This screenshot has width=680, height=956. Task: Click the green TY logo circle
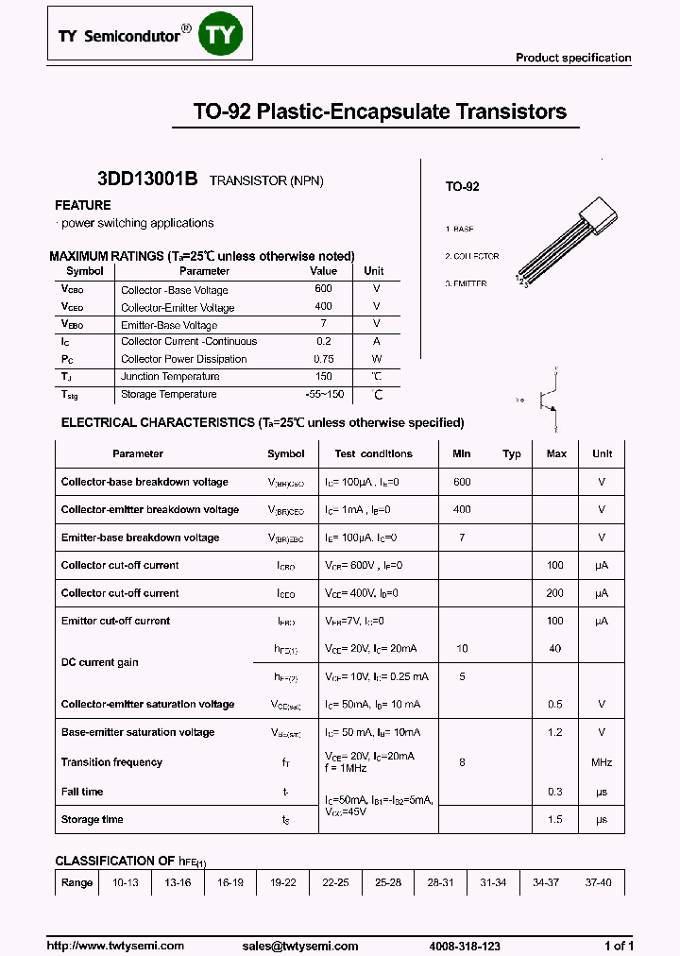tap(223, 35)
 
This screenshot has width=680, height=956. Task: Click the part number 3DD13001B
tap(147, 179)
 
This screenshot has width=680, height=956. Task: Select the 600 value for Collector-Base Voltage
tap(323, 289)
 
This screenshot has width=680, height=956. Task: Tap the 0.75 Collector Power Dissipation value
tap(323, 359)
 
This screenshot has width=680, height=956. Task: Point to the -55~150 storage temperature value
tap(323, 394)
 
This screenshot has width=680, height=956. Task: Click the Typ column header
tap(512, 453)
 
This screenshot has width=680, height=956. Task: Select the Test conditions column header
tap(373, 453)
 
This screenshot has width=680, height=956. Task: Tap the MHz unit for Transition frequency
tap(602, 762)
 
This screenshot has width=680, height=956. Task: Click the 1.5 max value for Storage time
tap(556, 819)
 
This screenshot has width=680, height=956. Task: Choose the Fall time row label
tap(82, 792)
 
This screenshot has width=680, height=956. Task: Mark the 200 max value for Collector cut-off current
tap(556, 593)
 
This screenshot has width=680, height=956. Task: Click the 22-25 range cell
tap(335, 882)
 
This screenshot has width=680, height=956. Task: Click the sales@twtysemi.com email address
tap(299, 946)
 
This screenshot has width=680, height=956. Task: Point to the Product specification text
tap(572, 58)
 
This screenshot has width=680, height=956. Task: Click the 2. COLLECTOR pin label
tap(471, 256)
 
